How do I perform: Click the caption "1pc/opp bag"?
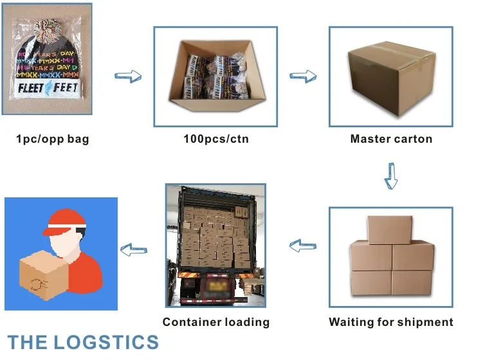click(x=52, y=138)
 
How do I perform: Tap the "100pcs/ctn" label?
click(x=215, y=138)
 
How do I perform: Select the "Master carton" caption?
click(x=391, y=138)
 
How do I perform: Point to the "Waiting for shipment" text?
click(x=391, y=322)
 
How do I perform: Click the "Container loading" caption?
click(x=215, y=322)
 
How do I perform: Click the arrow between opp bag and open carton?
click(x=127, y=77)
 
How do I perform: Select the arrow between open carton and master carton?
click(x=302, y=77)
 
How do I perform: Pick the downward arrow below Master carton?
click(x=390, y=175)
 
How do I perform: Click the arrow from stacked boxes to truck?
click(x=302, y=245)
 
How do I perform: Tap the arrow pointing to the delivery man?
click(x=134, y=248)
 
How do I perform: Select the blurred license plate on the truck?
click(x=215, y=284)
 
